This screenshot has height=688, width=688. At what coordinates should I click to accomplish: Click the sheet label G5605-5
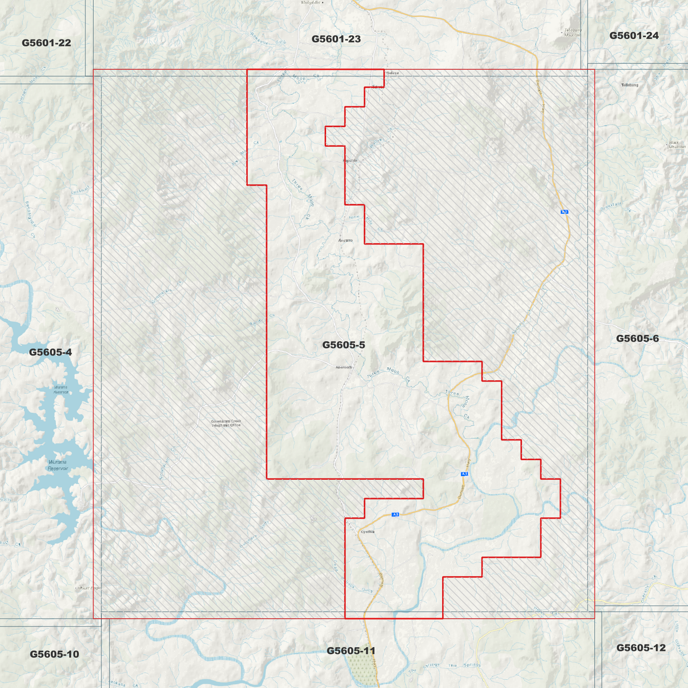pyautogui.click(x=343, y=345)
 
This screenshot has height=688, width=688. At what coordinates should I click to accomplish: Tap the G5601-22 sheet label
pyautogui.click(x=46, y=43)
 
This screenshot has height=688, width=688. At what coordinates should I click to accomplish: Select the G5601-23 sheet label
pyautogui.click(x=336, y=39)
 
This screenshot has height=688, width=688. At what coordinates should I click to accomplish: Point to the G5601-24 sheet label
pyautogui.click(x=634, y=36)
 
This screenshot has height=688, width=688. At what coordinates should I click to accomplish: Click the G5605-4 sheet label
pyautogui.click(x=50, y=352)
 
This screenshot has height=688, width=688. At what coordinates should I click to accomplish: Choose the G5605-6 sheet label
pyautogui.click(x=637, y=339)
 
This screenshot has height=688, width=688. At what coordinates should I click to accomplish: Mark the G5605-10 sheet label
pyautogui.click(x=54, y=654)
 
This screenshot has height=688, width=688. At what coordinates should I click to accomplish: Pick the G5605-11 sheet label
pyautogui.click(x=351, y=651)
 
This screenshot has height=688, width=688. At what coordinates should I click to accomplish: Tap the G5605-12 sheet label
pyautogui.click(x=641, y=648)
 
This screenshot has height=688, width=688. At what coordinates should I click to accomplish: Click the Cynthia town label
pyautogui.click(x=368, y=532)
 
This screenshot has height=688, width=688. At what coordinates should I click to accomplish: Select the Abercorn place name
pyautogui.click(x=344, y=367)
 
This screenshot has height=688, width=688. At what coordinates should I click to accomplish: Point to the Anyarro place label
pyautogui.click(x=345, y=240)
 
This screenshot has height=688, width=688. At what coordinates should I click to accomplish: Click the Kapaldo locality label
pyautogui.click(x=350, y=161)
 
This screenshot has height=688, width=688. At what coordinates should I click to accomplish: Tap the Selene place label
pyautogui.click(x=392, y=73)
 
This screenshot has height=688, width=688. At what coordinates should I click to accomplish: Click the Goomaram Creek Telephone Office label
pyautogui.click(x=226, y=423)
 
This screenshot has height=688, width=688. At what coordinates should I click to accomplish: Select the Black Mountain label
pyautogui.click(x=677, y=145)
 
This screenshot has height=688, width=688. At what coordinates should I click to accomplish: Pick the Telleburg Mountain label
pyautogui.click(x=572, y=32)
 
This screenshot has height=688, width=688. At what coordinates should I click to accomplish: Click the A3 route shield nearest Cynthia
pyautogui.click(x=395, y=514)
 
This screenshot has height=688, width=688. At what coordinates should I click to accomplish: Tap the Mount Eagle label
pyautogui.click(x=89, y=588)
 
